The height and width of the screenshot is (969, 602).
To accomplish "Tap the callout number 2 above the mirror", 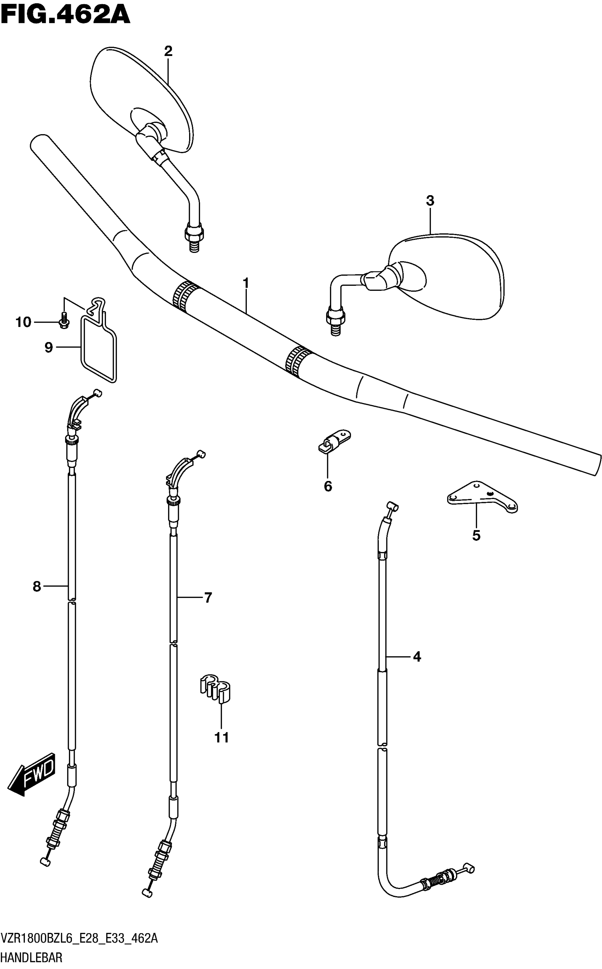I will pos(168,51).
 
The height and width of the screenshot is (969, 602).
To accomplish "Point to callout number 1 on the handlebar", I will pos(246,283).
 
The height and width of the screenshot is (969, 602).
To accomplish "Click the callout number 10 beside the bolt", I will pos(23,322).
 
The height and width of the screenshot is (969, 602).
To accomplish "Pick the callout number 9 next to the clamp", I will pos(49,347).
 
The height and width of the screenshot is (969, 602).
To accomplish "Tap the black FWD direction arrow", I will pos(32,773).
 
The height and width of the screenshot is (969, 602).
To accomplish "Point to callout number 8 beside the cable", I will pos(36,586).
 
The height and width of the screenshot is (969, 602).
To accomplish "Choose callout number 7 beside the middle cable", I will pos(208,597).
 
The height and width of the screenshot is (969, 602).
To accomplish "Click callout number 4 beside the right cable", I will pos(417,657).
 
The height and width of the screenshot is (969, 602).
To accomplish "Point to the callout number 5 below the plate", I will pos(476,536).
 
